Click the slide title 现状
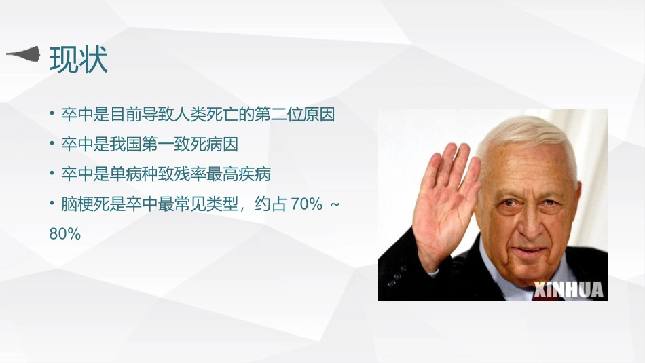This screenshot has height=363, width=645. (79, 60)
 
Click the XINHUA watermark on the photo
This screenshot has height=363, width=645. (568, 290)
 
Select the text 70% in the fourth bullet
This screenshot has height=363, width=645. (306, 204)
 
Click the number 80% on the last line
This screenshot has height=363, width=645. (64, 234)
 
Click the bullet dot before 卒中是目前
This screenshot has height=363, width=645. (52, 114)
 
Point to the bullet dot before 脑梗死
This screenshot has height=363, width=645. (52, 204)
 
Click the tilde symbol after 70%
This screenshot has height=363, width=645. (333, 204)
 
